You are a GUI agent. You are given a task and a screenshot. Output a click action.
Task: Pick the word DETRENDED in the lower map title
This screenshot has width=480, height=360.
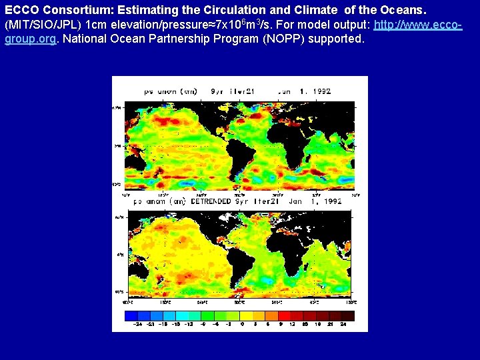click(211, 201)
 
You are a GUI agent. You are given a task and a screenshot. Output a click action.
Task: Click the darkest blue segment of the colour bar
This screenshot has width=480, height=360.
click(131, 316)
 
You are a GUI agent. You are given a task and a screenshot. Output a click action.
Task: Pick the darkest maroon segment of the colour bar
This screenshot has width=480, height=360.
click(347, 316)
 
